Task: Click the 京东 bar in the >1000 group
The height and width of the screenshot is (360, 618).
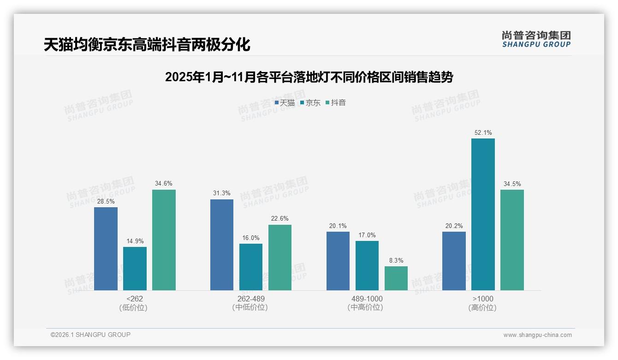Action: tap(483, 214)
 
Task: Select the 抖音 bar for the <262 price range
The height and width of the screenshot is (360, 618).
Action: tap(164, 240)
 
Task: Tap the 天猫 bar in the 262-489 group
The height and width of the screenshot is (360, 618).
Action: tap(222, 245)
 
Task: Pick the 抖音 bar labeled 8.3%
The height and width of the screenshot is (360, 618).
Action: tap(396, 278)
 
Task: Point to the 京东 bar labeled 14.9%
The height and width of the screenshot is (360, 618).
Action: tap(135, 269)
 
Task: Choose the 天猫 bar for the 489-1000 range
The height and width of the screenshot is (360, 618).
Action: tap(338, 261)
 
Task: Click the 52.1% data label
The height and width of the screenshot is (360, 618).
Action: tap(483, 133)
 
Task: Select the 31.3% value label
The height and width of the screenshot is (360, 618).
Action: tap(222, 193)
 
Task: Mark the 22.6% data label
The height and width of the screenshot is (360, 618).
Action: tap(280, 219)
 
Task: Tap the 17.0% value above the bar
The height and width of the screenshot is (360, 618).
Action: tap(367, 235)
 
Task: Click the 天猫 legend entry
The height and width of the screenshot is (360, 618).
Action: tap(285, 103)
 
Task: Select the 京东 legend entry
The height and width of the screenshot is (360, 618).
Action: tap(310, 103)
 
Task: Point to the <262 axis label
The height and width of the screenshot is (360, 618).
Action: tap(135, 299)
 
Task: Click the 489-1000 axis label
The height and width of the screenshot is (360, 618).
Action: tap(367, 299)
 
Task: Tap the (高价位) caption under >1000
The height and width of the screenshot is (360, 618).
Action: tap(482, 308)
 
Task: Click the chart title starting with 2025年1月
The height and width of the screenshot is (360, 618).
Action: tap(309, 77)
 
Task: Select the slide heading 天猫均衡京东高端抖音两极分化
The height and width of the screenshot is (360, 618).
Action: tap(147, 45)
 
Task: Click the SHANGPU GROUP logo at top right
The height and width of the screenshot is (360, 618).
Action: tap(536, 39)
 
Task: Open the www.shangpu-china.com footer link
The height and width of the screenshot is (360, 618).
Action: tap(537, 335)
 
